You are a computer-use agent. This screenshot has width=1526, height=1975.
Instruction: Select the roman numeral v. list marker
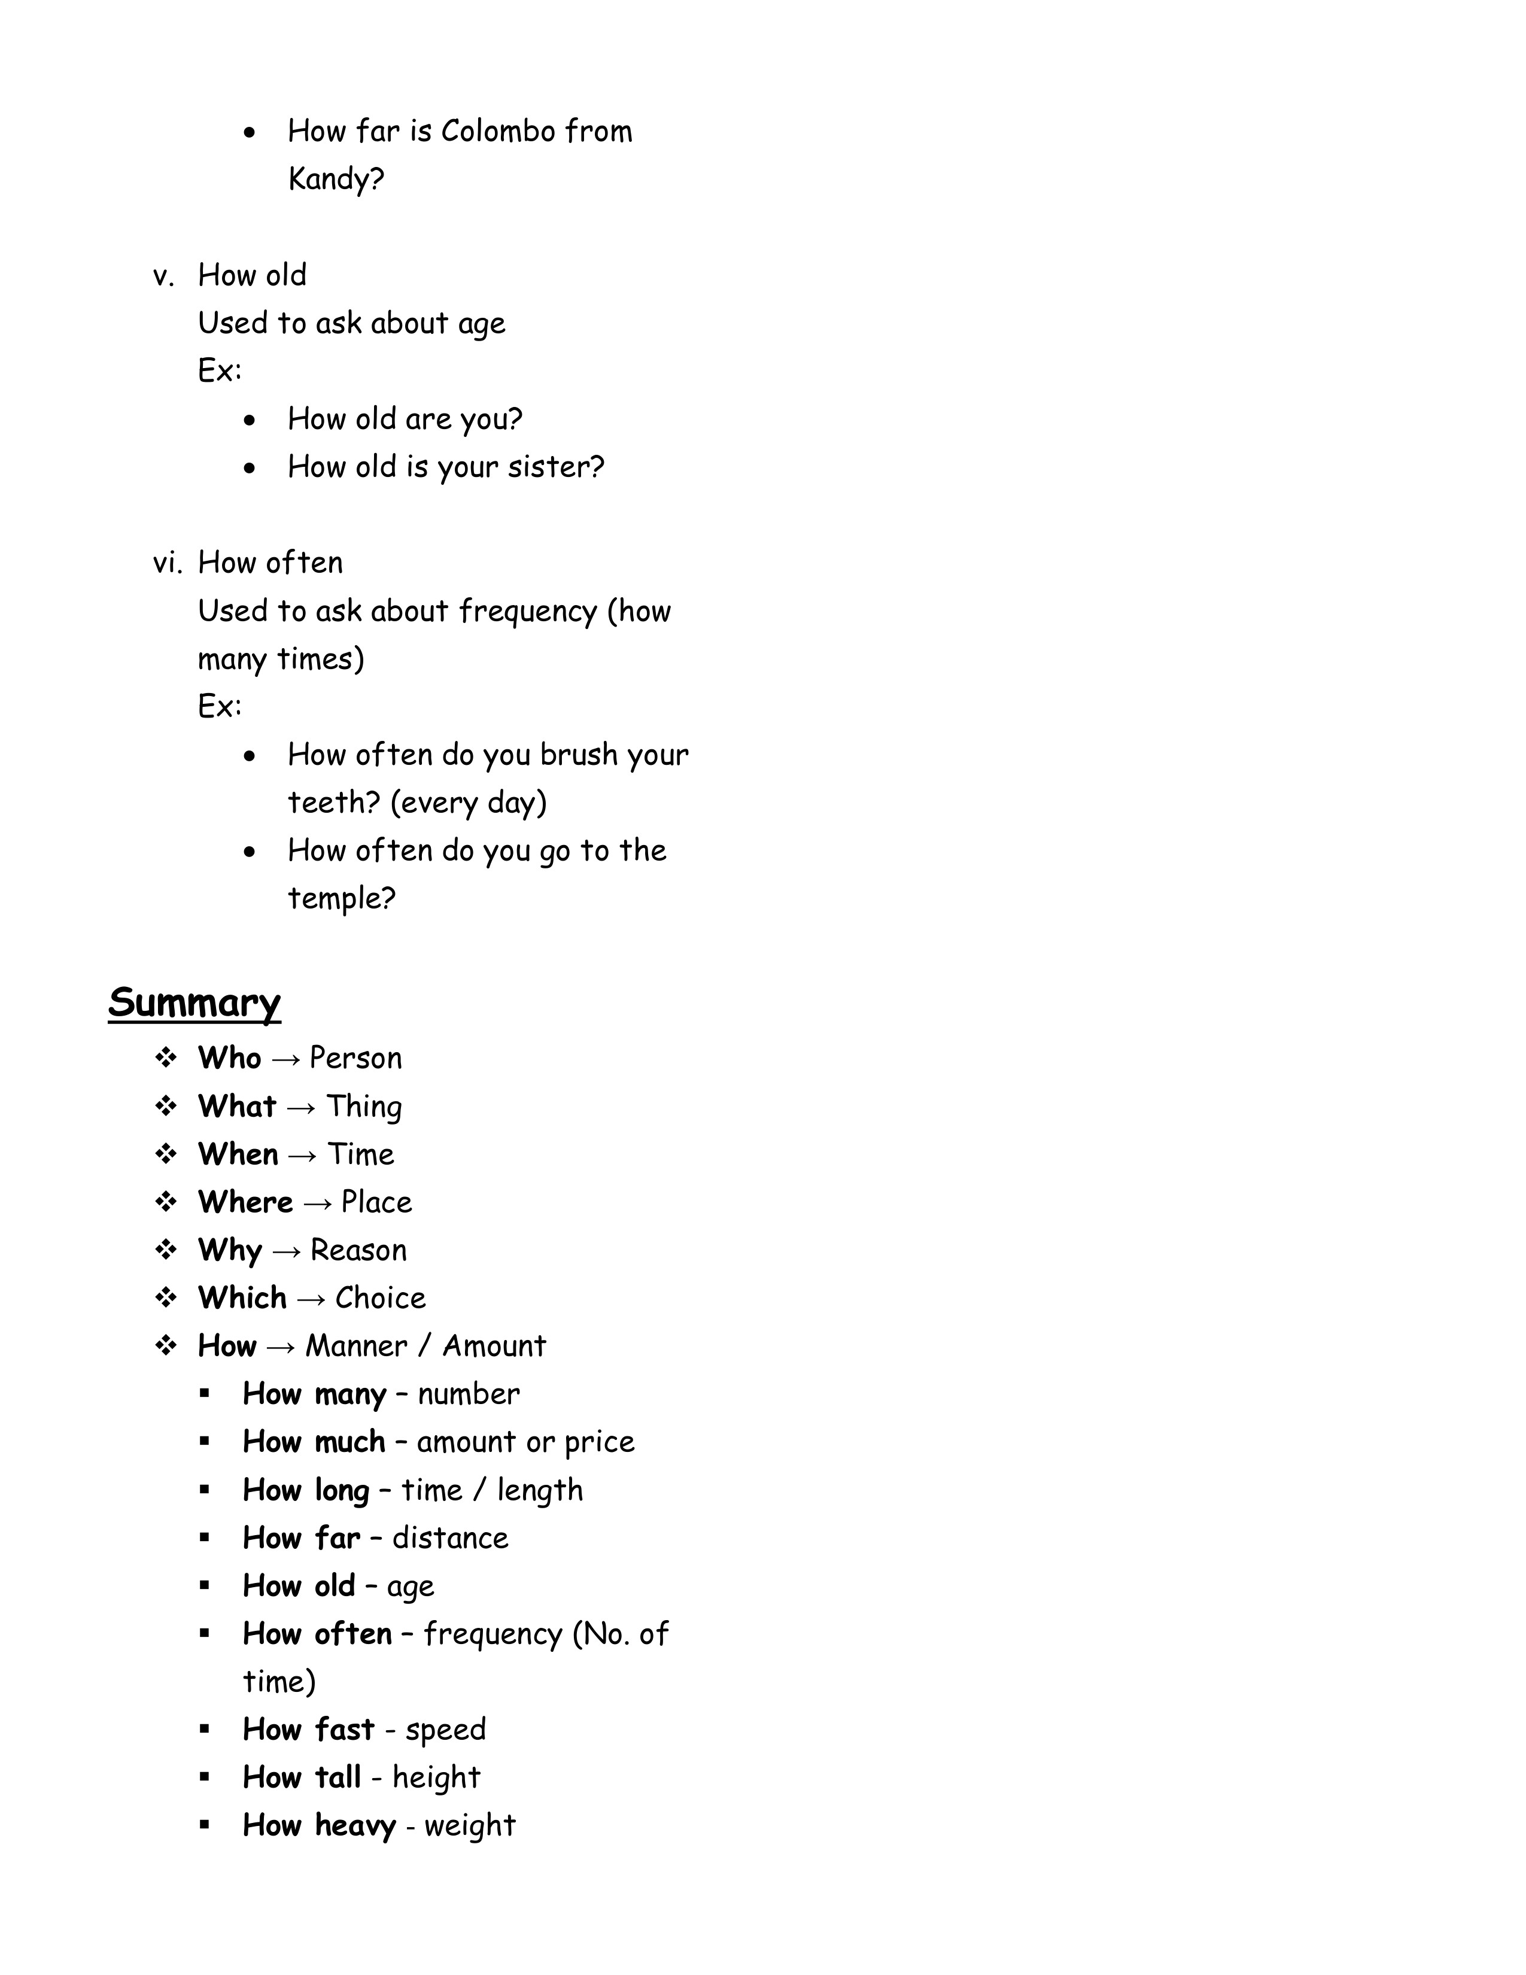coord(163,275)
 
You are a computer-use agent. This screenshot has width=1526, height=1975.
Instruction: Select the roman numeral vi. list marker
coord(167,563)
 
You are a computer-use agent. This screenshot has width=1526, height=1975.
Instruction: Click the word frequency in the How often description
coord(527,611)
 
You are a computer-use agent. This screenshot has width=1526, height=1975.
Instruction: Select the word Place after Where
coord(376,1203)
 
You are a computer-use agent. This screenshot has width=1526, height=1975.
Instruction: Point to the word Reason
coord(358,1251)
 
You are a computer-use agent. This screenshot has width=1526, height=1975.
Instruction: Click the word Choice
coord(379,1299)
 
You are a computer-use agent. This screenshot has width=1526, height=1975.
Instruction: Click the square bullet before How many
coord(205,1394)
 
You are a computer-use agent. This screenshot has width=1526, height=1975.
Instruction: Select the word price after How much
coord(600,1442)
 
